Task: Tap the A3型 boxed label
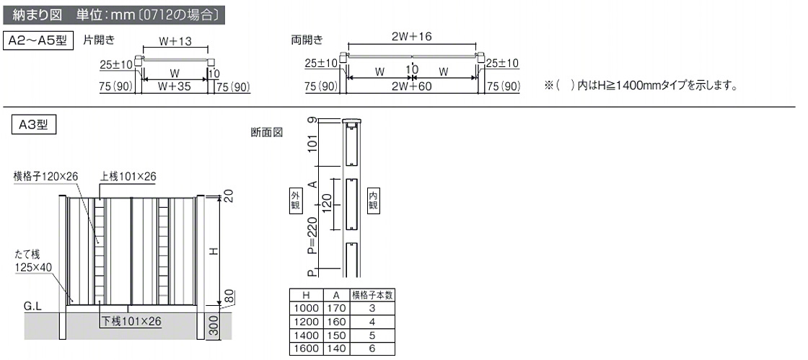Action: click(x=33, y=125)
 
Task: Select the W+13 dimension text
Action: click(x=175, y=41)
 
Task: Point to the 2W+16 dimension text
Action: click(x=411, y=36)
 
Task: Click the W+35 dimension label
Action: click(x=174, y=87)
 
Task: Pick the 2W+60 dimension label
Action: click(x=410, y=87)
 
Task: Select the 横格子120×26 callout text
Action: click(x=45, y=177)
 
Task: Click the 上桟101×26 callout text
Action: click(x=128, y=177)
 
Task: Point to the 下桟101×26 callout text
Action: click(x=131, y=322)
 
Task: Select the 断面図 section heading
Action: click(x=267, y=132)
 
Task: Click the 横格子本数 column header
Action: click(x=372, y=295)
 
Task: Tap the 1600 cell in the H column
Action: click(x=306, y=348)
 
